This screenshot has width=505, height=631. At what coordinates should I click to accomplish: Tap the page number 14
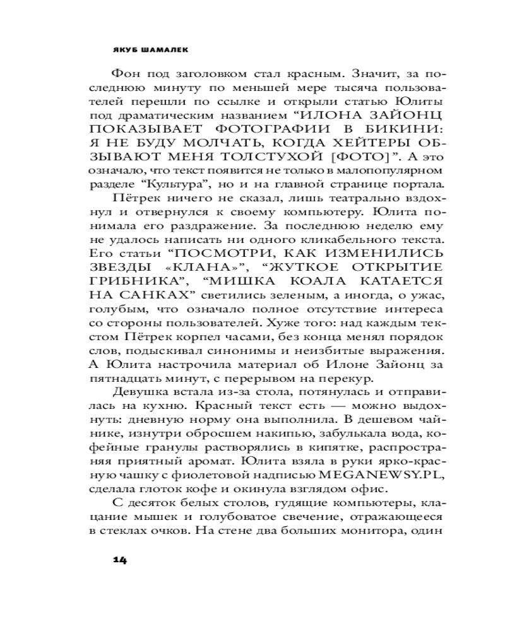click(x=120, y=560)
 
